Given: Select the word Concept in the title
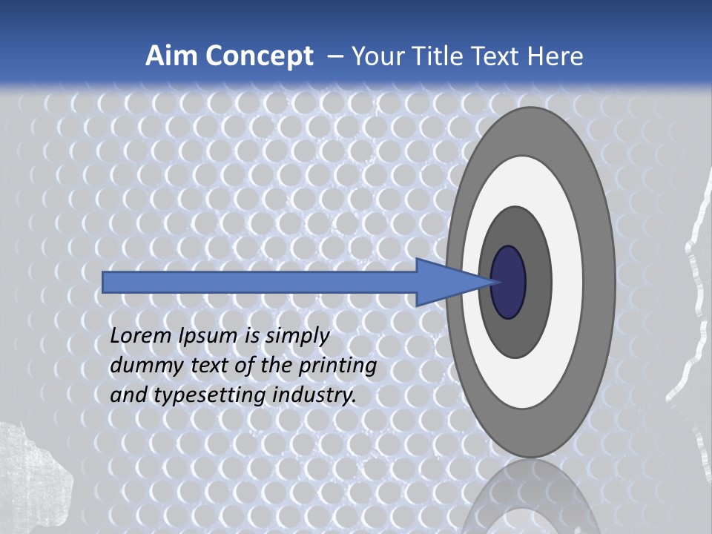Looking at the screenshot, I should pos(260,56).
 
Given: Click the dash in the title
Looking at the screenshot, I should pos(334,57).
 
